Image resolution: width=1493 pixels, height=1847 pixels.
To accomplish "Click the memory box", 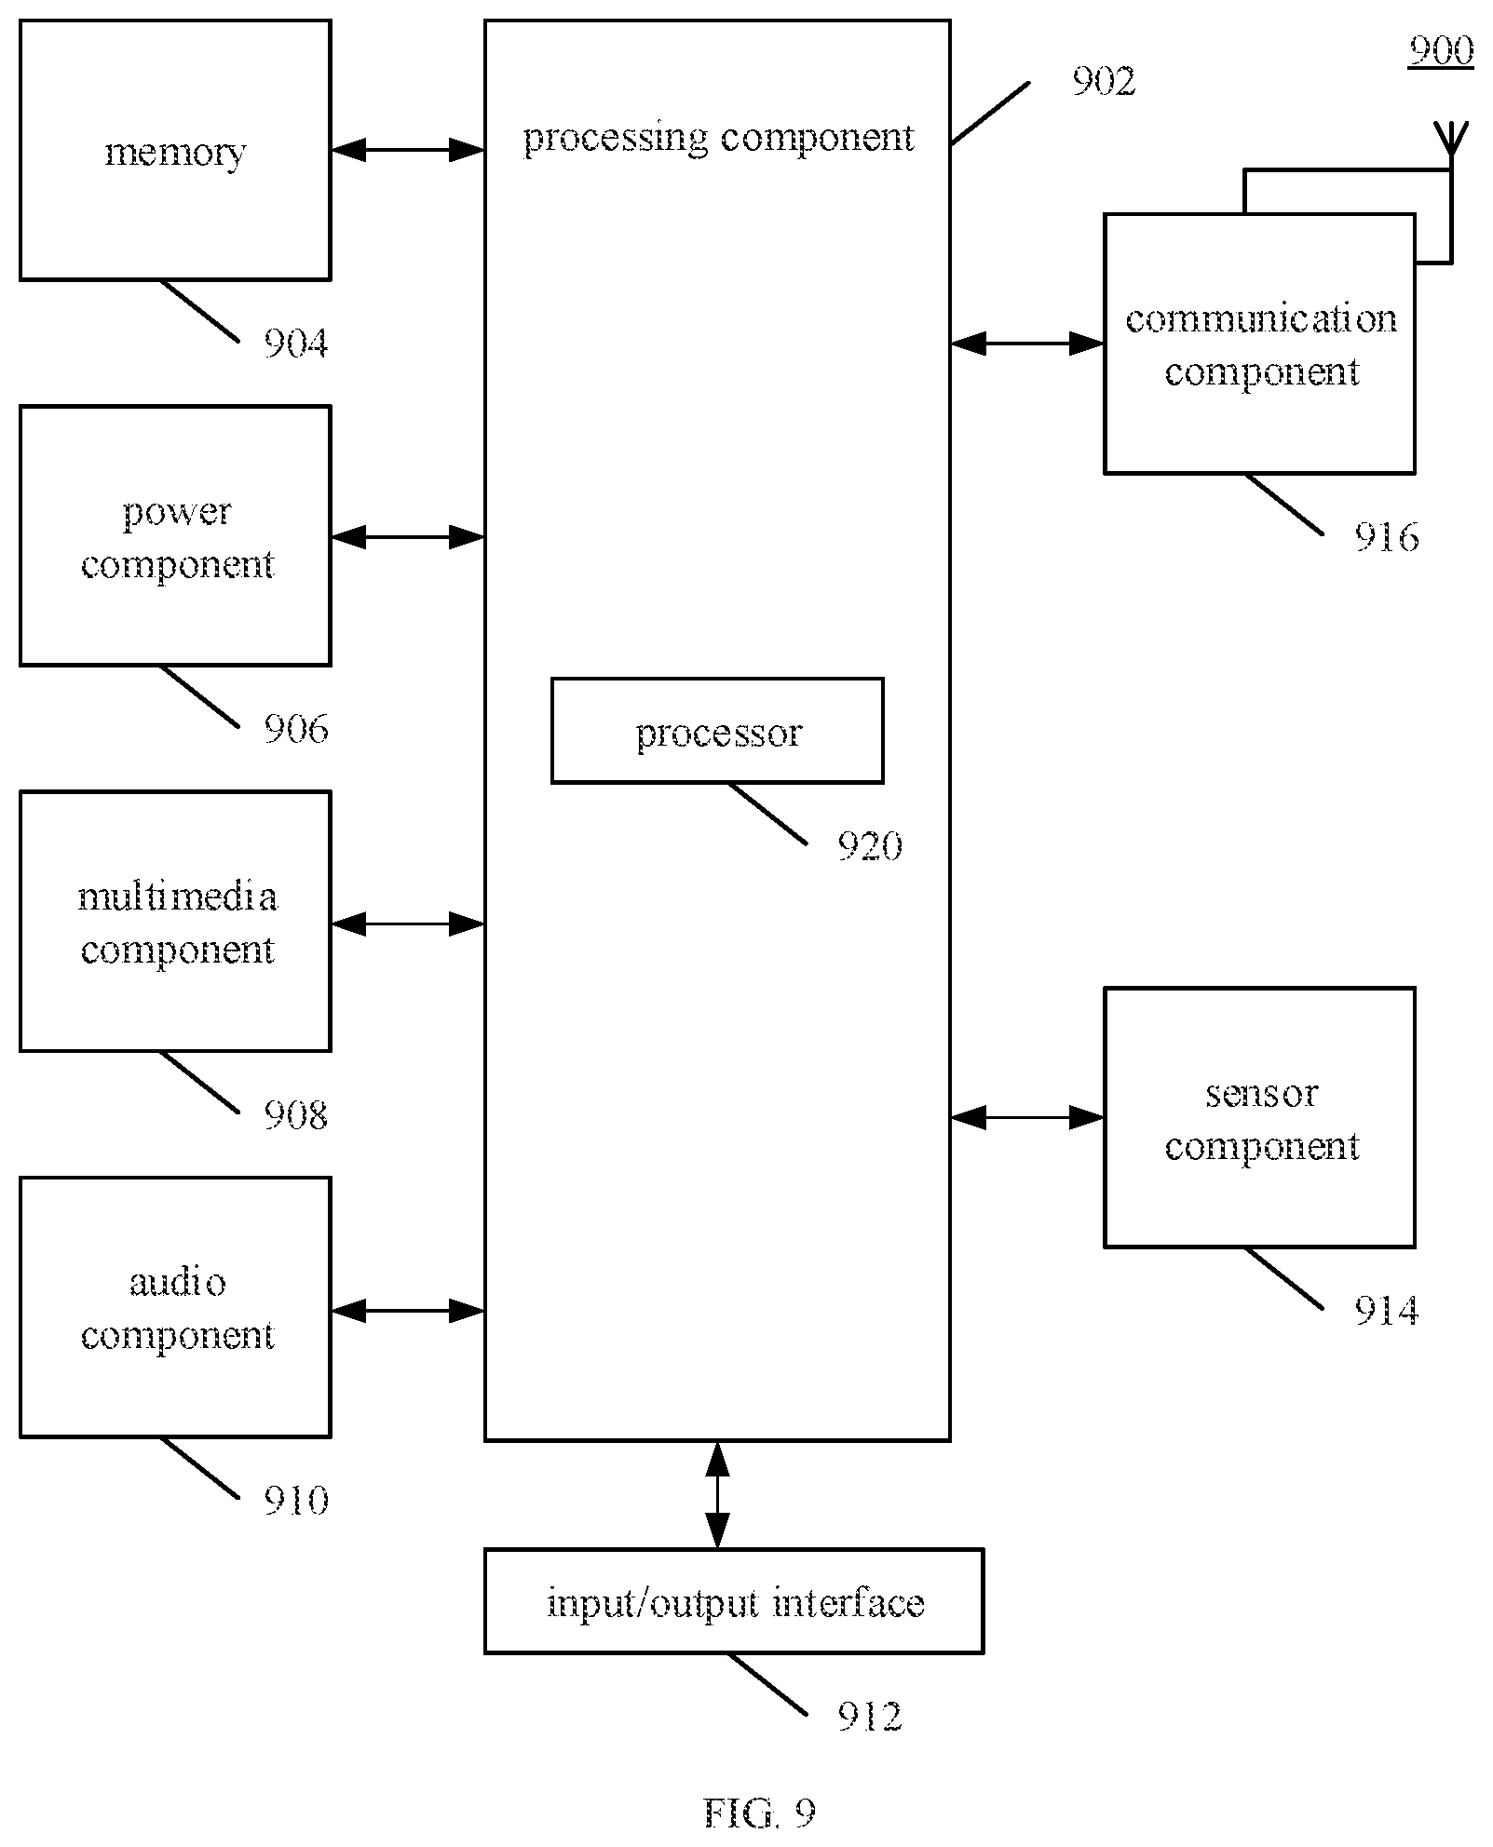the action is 175,150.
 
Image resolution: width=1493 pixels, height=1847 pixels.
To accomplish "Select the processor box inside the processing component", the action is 717,731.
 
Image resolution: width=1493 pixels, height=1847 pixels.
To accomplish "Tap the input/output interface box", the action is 734,1601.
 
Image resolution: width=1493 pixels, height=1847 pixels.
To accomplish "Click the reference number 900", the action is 1441,50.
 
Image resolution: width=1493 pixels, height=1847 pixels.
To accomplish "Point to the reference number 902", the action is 1104,82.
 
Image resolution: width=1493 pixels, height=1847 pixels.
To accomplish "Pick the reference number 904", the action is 296,344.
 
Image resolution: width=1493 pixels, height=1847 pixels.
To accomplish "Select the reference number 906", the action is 296,729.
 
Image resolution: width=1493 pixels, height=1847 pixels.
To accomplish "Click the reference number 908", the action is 296,1114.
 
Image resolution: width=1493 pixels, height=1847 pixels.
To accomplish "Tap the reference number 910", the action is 296,1500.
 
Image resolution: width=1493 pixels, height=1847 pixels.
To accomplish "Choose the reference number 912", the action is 870,1716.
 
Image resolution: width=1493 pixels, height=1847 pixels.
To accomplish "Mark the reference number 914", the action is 1387,1311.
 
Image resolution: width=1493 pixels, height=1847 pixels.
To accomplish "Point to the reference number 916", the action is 1387,537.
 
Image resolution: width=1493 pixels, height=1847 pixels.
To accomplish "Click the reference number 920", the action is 870,846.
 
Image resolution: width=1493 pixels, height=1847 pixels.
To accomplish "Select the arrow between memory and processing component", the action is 408,149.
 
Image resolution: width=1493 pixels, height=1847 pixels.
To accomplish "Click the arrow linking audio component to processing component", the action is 408,1311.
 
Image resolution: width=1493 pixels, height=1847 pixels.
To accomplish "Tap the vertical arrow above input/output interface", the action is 717,1495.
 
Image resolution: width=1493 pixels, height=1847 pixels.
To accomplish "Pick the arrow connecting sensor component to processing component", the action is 1027,1117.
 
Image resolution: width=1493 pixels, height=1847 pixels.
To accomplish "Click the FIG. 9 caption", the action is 759,1812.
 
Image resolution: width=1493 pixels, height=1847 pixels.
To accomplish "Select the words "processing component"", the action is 718,138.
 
